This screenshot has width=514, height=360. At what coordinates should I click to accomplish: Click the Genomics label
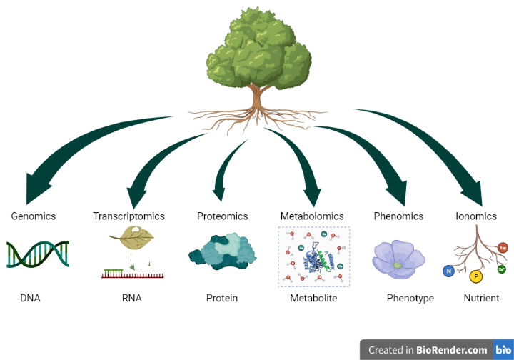tap(33, 216)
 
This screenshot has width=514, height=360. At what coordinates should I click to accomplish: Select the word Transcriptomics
tap(128, 216)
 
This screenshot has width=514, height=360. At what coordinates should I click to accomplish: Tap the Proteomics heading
tap(222, 216)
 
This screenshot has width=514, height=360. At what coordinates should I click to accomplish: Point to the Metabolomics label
tap(312, 216)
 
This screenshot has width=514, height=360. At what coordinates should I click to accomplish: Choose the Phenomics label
tap(398, 216)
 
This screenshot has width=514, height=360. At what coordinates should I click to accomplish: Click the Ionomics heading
tap(475, 216)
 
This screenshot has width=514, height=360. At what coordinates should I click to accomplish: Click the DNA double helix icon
tap(38, 254)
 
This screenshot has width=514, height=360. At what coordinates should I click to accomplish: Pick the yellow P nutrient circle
tap(476, 276)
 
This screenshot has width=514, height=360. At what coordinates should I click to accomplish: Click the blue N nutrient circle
tap(448, 271)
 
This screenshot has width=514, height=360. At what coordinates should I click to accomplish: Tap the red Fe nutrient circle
tap(503, 248)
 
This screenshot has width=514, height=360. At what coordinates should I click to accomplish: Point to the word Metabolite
tap(313, 298)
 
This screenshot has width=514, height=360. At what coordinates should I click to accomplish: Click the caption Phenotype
tap(410, 298)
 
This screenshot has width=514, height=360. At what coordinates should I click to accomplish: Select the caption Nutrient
tap(481, 298)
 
